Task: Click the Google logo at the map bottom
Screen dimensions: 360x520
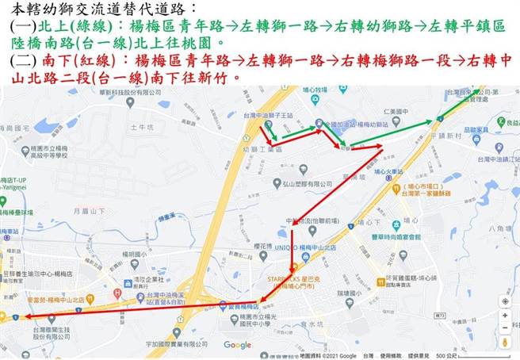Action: [237, 345]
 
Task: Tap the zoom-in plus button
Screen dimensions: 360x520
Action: [506, 313]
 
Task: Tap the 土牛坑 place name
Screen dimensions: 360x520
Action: [140, 127]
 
